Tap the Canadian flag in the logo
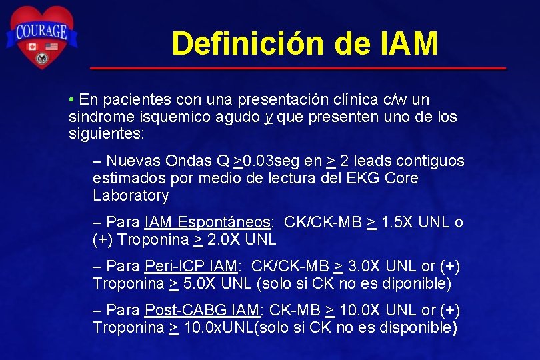(31, 47)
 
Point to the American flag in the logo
(52, 47)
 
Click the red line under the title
(297, 68)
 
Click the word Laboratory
(131, 196)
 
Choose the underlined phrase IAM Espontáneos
(207, 223)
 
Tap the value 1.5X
(398, 223)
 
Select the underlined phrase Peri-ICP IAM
(191, 267)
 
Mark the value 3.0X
(365, 267)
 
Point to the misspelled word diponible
(415, 284)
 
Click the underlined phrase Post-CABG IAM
(202, 311)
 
